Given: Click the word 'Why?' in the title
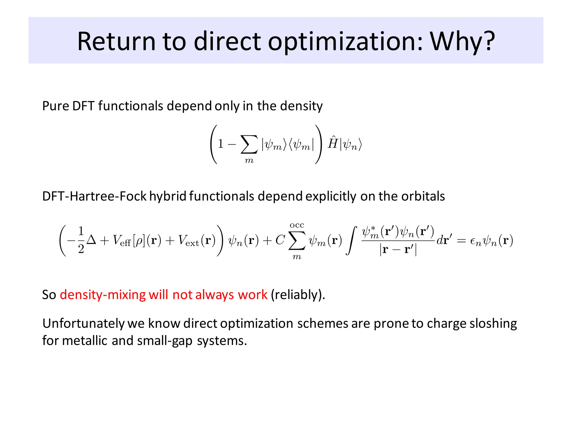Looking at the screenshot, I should click(462, 41).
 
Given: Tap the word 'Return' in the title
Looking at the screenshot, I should click(116, 41).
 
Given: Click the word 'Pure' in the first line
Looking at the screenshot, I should click(55, 106).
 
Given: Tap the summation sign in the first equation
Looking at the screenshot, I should click(249, 144).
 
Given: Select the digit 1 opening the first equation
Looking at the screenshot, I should click(221, 144).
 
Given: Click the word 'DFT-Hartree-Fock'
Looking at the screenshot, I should click(94, 196).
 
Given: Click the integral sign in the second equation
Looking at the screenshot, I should click(351, 241).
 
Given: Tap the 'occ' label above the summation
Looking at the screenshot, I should click(297, 225).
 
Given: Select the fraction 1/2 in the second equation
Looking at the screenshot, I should click(81, 240).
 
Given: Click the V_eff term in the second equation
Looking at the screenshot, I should click(122, 241).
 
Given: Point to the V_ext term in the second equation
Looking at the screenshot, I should click(189, 241).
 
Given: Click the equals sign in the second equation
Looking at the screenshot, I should click(461, 241).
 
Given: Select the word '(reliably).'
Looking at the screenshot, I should click(298, 295).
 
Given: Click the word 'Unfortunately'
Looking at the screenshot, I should click(83, 323).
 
